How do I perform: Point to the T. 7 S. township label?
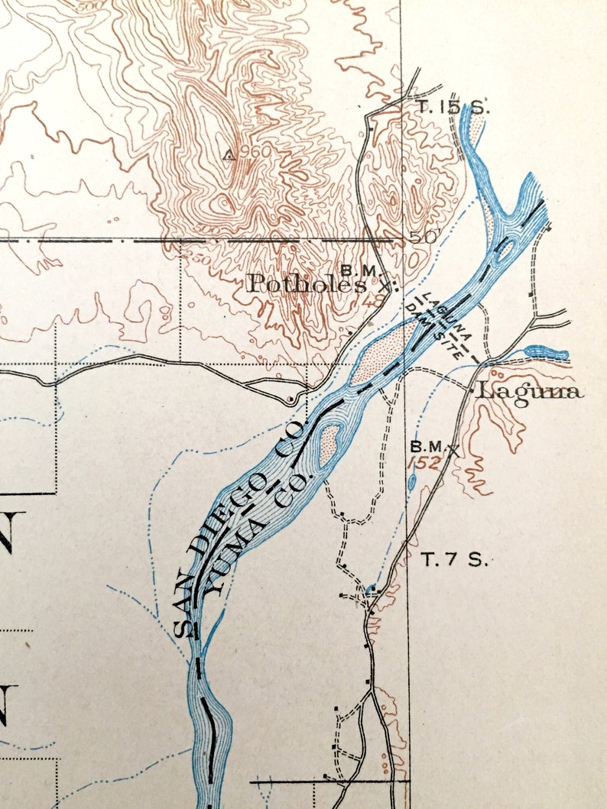pos(455,560)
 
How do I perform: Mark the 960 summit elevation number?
pos(255,152)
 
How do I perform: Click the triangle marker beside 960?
pos(228,156)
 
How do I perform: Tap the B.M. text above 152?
pos(426,446)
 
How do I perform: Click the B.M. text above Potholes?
pos(357,270)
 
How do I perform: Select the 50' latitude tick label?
pos(424,238)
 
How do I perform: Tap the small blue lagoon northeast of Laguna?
pos(547,353)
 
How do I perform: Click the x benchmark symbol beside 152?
pos(455,449)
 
